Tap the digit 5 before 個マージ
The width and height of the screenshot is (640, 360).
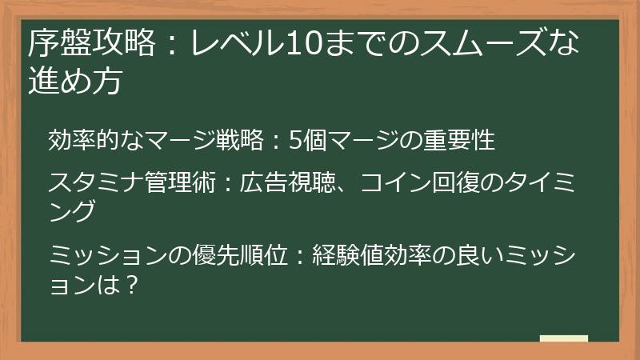click(x=294, y=140)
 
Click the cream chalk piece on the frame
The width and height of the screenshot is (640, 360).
click(x=563, y=338)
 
